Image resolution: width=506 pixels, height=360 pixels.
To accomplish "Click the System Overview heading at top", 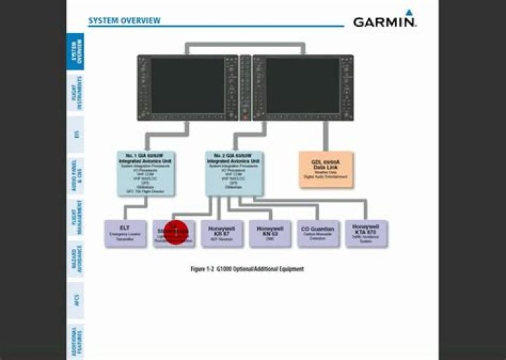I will pyautogui.click(x=124, y=20).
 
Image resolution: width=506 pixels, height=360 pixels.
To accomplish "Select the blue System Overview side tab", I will pyautogui.click(x=77, y=51).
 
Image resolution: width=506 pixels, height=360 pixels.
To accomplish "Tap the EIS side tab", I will pyautogui.click(x=77, y=134).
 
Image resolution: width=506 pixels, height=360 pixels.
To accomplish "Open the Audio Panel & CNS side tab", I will pyautogui.click(x=77, y=175).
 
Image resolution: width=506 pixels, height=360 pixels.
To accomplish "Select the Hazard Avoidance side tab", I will pyautogui.click(x=77, y=259).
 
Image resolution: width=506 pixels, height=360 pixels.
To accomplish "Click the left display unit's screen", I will pyautogui.click(x=187, y=84).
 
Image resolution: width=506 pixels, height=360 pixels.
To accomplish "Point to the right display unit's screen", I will pyautogui.click(x=303, y=84).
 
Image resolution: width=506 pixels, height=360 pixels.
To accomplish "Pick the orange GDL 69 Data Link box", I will pyautogui.click(x=326, y=169).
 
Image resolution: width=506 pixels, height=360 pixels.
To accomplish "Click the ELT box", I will pyautogui.click(x=125, y=233).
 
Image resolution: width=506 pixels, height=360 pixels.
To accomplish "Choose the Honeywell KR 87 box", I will pyautogui.click(x=221, y=233).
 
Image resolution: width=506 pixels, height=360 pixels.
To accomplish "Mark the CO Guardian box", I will pyautogui.click(x=318, y=233).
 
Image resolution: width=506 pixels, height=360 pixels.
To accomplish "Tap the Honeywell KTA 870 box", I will pyautogui.click(x=365, y=233).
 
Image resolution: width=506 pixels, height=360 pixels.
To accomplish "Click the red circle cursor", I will pyautogui.click(x=176, y=231).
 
